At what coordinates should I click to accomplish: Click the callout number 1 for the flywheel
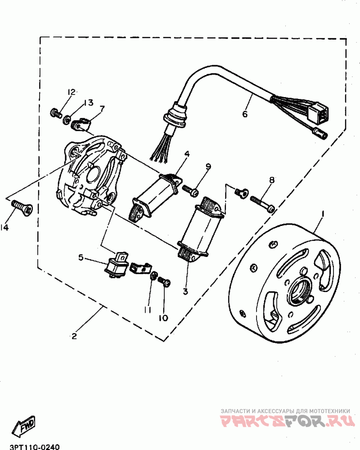click(x=323, y=215)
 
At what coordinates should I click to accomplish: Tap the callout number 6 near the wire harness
click(x=245, y=114)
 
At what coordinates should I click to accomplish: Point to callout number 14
click(x=4, y=228)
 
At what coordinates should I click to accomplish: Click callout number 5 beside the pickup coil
click(x=81, y=257)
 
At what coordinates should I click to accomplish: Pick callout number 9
click(x=208, y=166)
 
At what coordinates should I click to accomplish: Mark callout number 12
click(x=71, y=92)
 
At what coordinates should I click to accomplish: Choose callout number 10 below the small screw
click(x=163, y=318)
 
